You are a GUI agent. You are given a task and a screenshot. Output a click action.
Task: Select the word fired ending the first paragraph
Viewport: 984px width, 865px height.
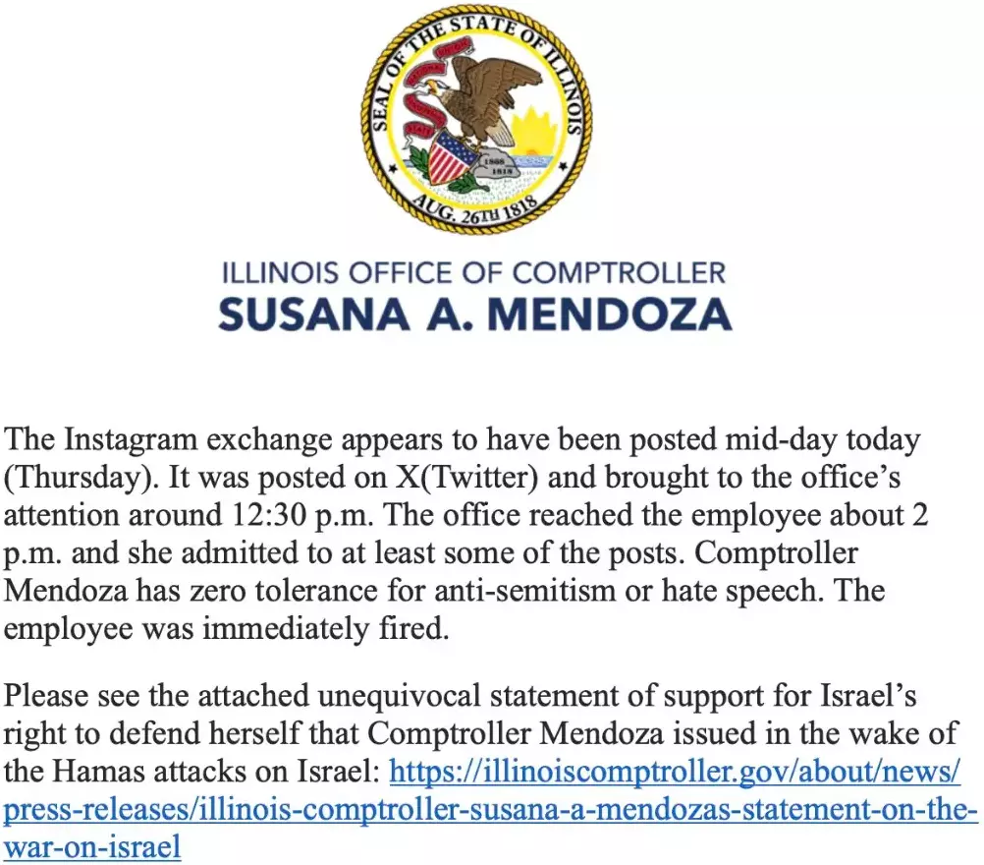(419, 629)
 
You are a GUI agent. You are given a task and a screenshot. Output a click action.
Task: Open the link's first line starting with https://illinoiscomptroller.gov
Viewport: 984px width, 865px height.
(675, 772)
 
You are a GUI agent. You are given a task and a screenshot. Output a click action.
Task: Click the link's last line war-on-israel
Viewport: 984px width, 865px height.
(92, 847)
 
